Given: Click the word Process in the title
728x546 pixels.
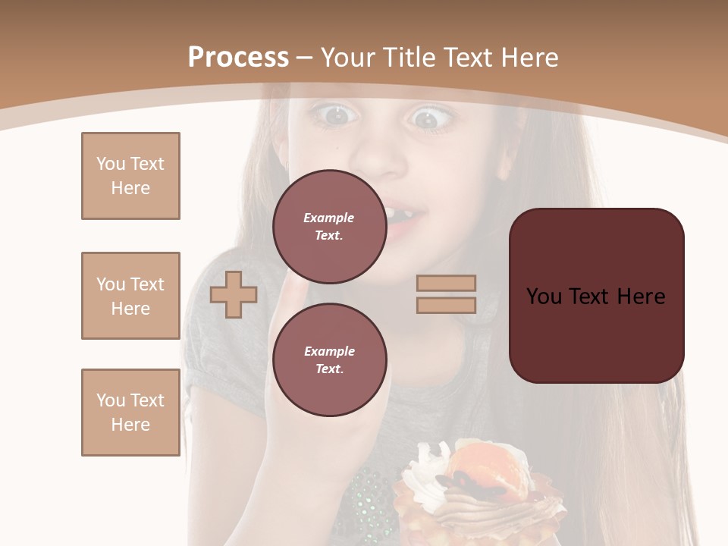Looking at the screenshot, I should tap(238, 58).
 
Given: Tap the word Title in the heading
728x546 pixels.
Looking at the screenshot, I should tap(408, 58).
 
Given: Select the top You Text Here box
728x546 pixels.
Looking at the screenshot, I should tap(130, 176).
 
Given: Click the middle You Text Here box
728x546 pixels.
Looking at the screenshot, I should tap(130, 296).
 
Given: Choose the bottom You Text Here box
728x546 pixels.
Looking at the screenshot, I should tap(130, 413).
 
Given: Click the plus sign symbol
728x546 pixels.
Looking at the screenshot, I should tap(234, 294).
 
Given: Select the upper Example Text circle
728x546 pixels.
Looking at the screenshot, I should tap(329, 227).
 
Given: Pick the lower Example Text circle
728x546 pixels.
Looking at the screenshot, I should tap(329, 360).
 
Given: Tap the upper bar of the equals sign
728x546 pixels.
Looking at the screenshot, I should tap(446, 283).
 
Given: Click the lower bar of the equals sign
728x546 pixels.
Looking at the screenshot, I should tap(446, 305).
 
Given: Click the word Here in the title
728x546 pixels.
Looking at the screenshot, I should tap(529, 58).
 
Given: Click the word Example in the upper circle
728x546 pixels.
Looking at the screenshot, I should tap(329, 218).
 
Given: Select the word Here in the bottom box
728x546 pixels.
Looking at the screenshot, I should tap(130, 425).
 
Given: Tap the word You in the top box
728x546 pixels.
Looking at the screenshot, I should tap(111, 164).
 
